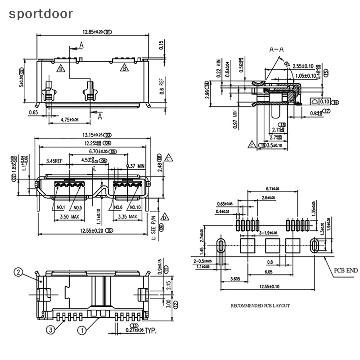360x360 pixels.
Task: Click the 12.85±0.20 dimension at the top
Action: pyautogui.click(x=88, y=32)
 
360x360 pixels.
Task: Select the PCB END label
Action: pyautogui.click(x=345, y=270)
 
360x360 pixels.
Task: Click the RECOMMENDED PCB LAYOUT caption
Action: pyautogui.click(x=260, y=306)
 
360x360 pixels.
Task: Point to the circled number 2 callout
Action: pyautogui.click(x=18, y=272)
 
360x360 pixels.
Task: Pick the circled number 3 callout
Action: pyautogui.click(x=50, y=330)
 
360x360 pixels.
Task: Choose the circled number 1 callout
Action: pyautogui.click(x=81, y=330)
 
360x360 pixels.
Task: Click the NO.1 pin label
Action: pyautogui.click(x=61, y=207)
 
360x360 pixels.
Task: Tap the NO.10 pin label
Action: pyautogui.click(x=135, y=207)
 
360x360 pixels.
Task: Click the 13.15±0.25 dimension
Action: pyautogui.click(x=92, y=135)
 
